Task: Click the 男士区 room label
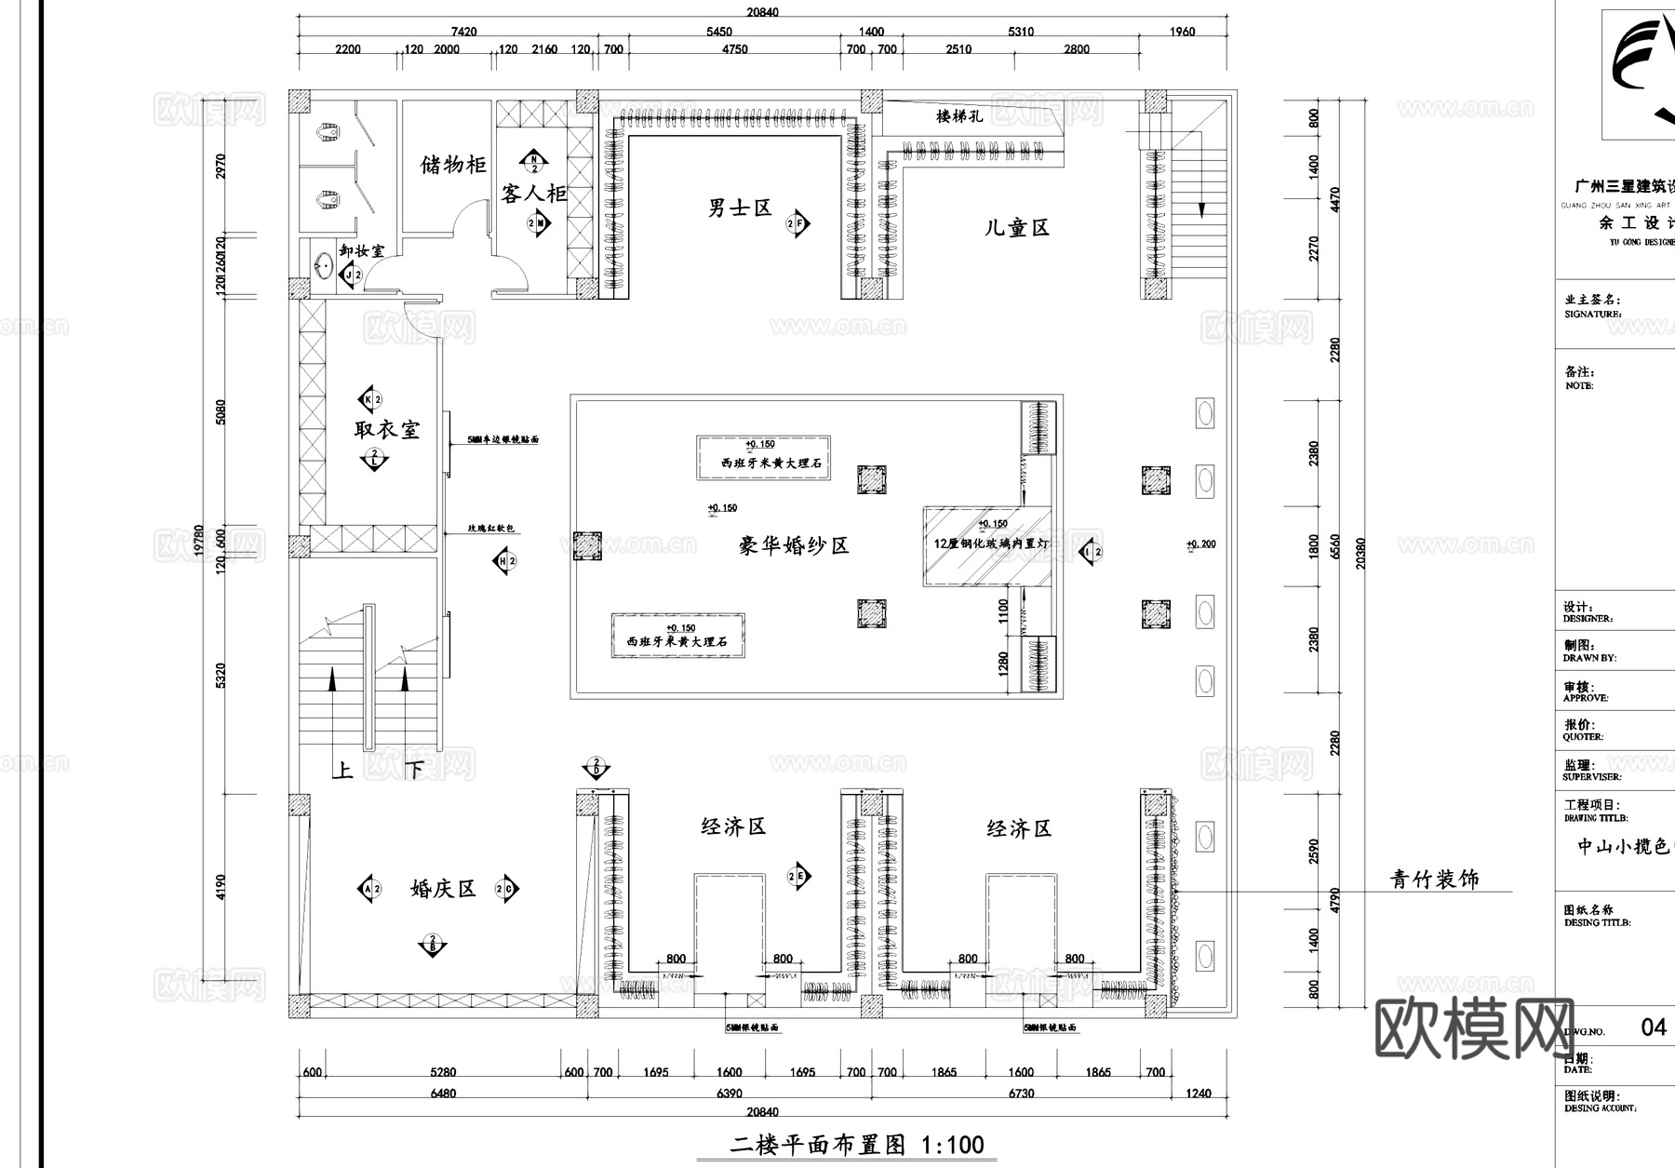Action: click(x=740, y=208)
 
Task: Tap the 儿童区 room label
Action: click(x=1016, y=228)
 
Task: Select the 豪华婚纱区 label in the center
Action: click(x=794, y=545)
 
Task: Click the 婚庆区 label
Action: click(x=443, y=889)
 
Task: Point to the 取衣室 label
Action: click(x=386, y=429)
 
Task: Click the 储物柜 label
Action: click(x=453, y=166)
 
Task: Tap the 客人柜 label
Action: click(x=533, y=194)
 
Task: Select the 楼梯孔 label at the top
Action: click(x=958, y=116)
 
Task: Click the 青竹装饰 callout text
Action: click(x=1434, y=879)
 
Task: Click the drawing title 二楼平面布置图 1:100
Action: click(x=856, y=1145)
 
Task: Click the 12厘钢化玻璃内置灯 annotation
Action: click(x=990, y=543)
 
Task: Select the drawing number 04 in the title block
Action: click(x=1653, y=1027)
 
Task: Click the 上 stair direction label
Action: click(x=343, y=771)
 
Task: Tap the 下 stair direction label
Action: click(x=415, y=771)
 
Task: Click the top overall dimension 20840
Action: click(x=762, y=12)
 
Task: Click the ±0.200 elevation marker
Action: click(x=1201, y=544)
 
